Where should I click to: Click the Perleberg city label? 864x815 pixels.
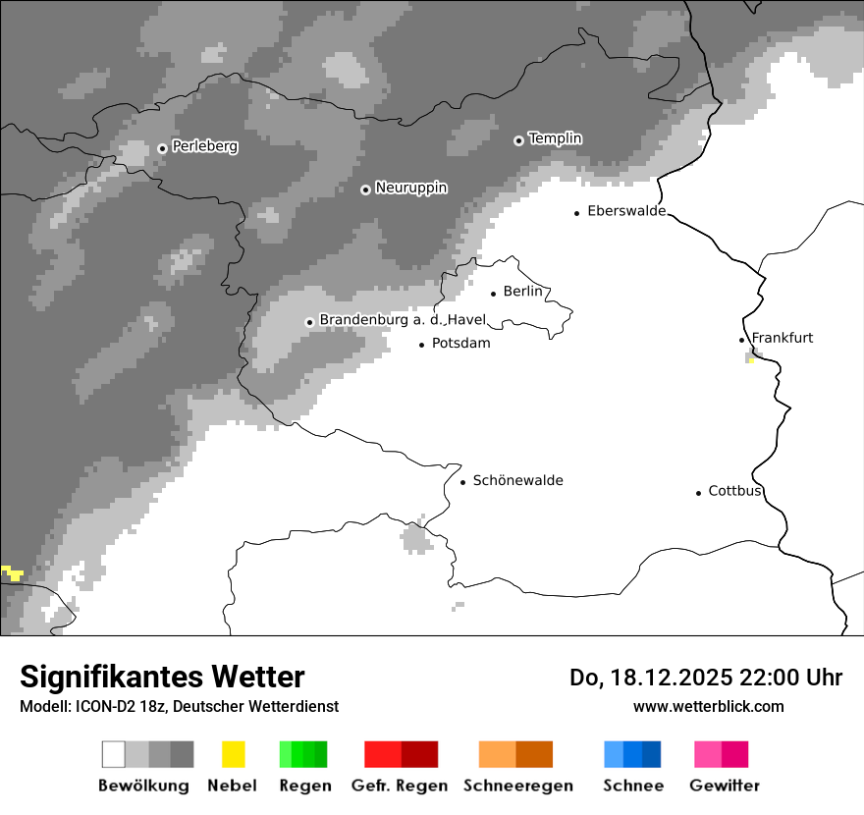[204, 146]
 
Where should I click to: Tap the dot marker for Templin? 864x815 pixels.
[518, 140]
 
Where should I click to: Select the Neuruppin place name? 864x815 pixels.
[410, 188]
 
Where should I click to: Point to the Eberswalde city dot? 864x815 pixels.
[577, 212]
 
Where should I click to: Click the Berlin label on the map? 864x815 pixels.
[522, 292]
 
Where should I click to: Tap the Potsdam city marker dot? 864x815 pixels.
[422, 345]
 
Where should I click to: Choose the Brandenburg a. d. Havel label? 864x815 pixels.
[403, 320]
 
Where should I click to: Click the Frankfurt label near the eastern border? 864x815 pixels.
[783, 338]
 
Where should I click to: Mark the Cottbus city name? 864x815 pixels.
[735, 491]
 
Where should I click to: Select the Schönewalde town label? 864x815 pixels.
[517, 480]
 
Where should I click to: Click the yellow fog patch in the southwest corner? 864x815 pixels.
[13, 572]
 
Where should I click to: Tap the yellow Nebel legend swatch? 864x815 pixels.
[233, 754]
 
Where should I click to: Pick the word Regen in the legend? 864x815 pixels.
[303, 786]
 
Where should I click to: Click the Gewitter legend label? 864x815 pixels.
[724, 786]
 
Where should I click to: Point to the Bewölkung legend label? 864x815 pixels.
[143, 786]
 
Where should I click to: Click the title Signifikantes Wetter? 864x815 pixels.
[162, 677]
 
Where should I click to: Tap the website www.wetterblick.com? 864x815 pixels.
[708, 706]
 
